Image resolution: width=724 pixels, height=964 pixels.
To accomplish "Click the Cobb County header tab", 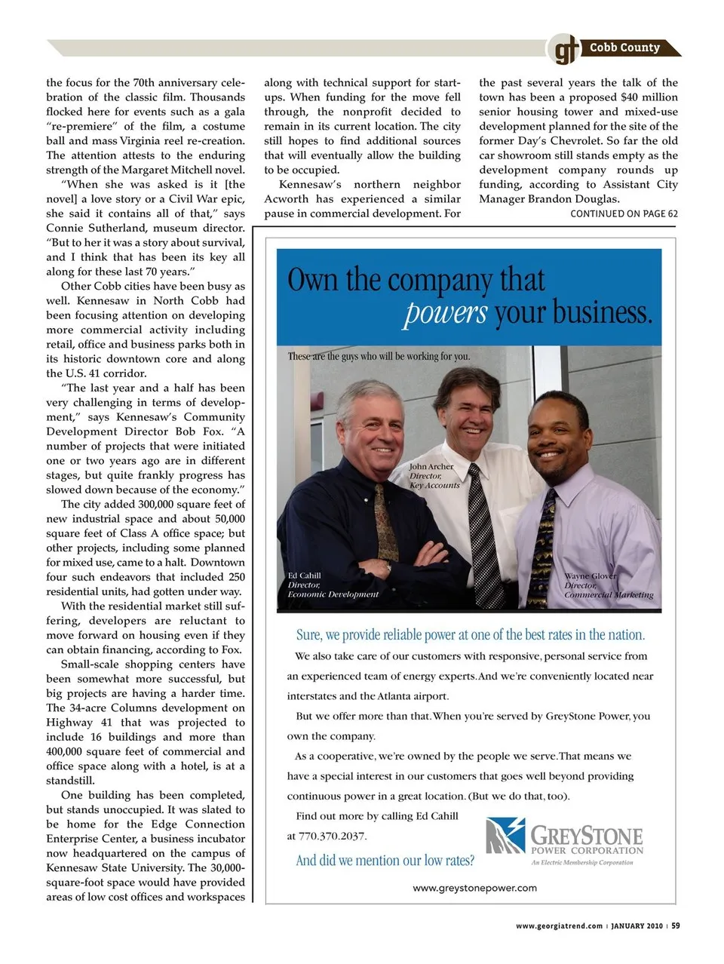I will coord(625,48).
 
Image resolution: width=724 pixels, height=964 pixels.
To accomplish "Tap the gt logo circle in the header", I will coord(563,50).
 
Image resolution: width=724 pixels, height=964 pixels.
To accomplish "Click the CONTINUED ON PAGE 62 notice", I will coord(624,213).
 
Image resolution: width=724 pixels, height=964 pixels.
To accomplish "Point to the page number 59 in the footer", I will coord(676,926).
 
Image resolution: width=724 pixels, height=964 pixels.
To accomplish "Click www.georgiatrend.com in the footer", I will coord(559,926).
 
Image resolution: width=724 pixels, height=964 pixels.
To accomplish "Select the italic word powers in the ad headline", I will coord(445,312).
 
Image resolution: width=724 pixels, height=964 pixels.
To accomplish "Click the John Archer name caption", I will coord(431,466).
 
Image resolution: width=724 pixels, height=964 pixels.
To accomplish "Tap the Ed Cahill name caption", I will coord(304,576).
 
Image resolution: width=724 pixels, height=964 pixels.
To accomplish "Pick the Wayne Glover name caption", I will coord(591,576).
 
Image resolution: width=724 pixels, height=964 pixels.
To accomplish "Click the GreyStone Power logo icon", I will coord(505,836).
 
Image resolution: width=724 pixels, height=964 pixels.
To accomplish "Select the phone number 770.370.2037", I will coord(333,836).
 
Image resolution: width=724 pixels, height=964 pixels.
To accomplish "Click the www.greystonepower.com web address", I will coord(474,888).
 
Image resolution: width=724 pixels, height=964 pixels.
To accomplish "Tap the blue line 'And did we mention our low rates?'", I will coord(385,861).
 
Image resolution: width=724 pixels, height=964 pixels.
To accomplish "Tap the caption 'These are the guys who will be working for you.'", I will coord(379,356).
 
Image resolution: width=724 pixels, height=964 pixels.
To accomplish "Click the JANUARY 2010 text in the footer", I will coord(637,926).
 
